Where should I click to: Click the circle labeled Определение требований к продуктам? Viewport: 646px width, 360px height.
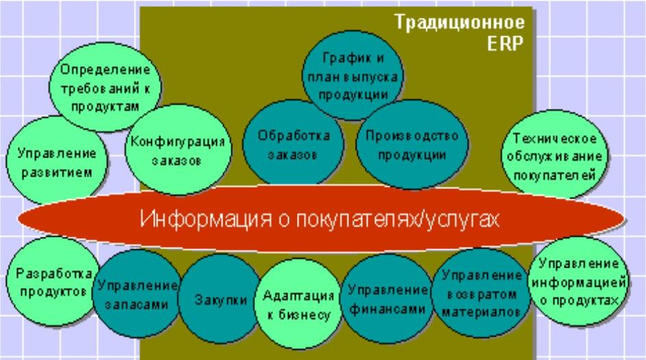105,87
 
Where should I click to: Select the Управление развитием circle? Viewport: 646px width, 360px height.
56,161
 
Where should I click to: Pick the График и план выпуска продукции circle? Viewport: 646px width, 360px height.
352,76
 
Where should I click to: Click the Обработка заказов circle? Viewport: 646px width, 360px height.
294,144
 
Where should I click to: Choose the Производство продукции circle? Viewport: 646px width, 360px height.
412,144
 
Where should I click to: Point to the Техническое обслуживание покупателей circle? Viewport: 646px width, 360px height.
554,155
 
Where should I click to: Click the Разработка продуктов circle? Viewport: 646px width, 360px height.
53,282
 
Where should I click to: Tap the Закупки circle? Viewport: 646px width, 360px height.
220,299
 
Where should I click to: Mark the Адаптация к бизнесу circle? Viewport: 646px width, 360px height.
298,304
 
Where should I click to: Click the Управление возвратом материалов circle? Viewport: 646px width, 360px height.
480,292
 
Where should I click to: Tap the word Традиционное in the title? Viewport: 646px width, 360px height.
460,22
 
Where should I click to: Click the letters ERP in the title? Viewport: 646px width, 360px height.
505,43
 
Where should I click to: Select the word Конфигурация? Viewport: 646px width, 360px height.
178,142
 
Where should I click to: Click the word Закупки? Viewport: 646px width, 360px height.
221,300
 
